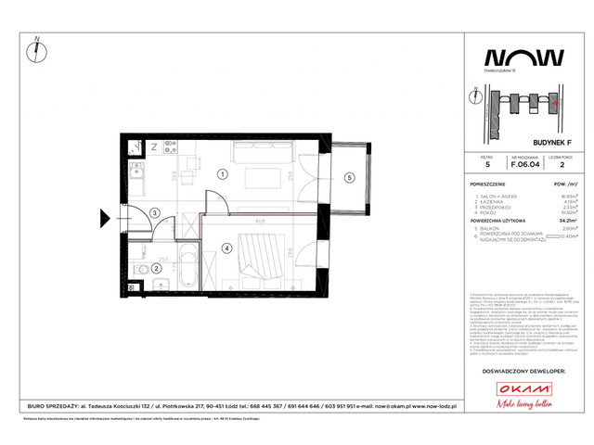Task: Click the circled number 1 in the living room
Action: (x=222, y=173)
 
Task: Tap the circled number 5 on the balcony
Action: (x=349, y=177)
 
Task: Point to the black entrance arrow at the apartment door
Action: (x=107, y=220)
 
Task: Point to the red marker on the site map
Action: (x=554, y=105)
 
